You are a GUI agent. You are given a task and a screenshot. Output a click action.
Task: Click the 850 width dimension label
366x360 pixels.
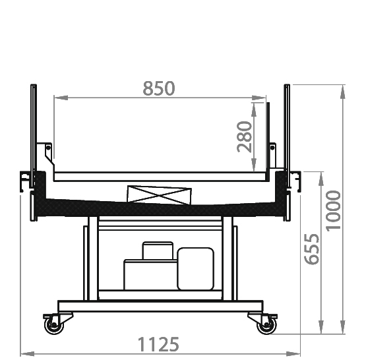pos(159,88)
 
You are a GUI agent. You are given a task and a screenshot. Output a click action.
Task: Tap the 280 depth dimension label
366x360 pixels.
pos(245,136)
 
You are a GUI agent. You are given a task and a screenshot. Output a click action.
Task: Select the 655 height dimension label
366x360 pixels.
pos(312,249)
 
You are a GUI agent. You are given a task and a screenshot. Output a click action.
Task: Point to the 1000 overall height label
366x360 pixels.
pos(333,211)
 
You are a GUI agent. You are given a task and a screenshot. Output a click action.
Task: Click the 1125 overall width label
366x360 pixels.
pos(158,344)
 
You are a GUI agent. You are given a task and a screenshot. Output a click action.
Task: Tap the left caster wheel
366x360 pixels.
pos(54,324)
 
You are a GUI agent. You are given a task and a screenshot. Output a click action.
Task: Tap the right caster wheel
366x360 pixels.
pos(266,324)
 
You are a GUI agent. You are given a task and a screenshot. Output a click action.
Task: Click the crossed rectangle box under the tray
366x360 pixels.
pos(159,195)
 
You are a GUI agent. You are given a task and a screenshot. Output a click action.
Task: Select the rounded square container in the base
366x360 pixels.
pos(196,268)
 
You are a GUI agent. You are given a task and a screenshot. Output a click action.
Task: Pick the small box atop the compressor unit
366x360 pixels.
pos(158,251)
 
